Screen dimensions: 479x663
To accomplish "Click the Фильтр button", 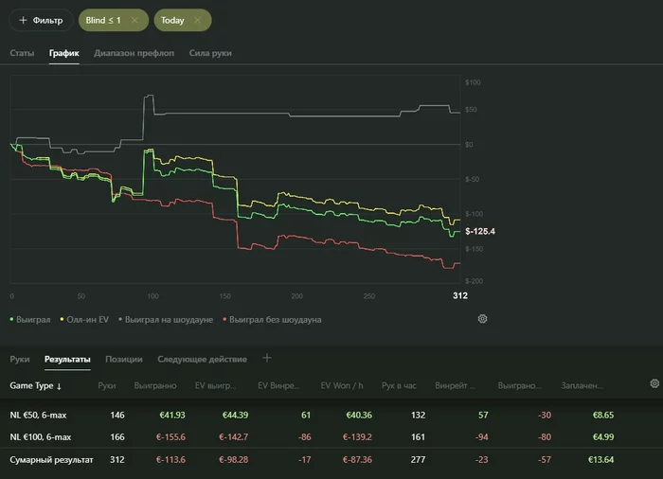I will (x=41, y=20).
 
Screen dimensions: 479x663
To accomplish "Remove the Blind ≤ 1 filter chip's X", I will (x=134, y=20).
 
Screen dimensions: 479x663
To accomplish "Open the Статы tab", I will (x=22, y=53).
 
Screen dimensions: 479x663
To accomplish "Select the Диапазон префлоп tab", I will (x=134, y=53).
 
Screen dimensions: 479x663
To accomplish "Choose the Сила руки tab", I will (x=210, y=53).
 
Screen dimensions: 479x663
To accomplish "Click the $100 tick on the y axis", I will (x=475, y=82).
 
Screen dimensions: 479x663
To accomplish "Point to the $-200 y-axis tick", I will (x=475, y=282).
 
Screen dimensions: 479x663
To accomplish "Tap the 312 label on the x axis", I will (x=460, y=296).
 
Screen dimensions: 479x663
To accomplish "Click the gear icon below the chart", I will (x=482, y=319).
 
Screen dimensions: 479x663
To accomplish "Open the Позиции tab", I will (x=124, y=359).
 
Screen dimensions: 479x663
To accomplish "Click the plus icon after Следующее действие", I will (x=267, y=358).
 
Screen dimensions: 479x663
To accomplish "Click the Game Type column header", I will (x=35, y=385).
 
